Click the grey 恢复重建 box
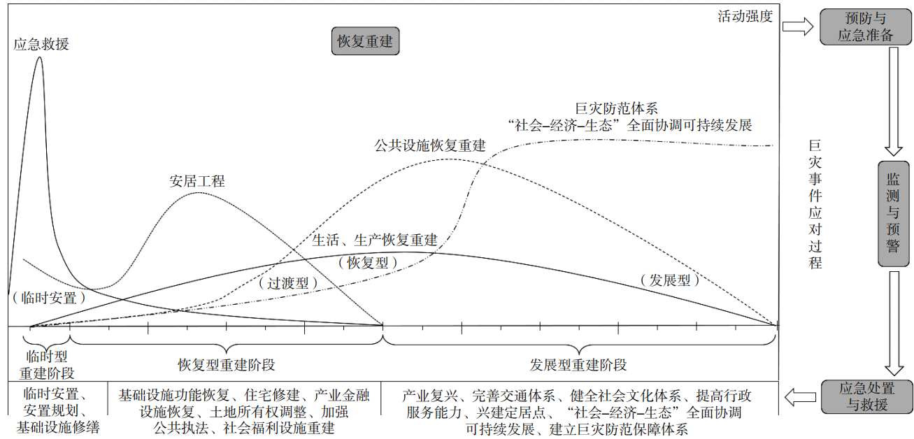point(365,42)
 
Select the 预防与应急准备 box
point(865,27)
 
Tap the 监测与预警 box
point(894,214)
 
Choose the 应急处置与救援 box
point(866,396)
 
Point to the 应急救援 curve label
point(41,44)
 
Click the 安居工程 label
point(197,181)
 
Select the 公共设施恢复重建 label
point(429,145)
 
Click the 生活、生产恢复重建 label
point(375,240)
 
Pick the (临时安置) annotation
point(49,297)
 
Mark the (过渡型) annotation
point(288,283)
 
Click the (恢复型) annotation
point(367,262)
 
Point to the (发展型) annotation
point(669,280)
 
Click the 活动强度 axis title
point(745,16)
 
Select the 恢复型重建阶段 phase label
point(226,365)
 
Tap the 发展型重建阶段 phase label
point(578,365)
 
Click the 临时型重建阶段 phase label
point(47,364)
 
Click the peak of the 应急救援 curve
point(39,57)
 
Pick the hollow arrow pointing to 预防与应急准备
point(797,27)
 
